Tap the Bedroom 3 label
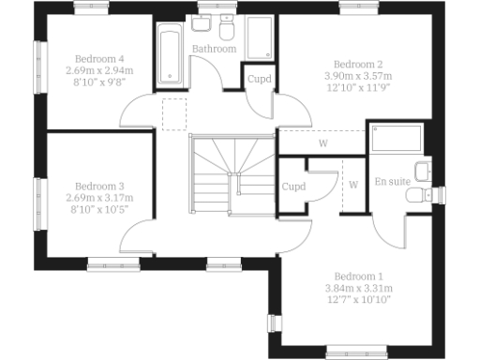click(x=99, y=186)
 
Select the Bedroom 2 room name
click(x=358, y=64)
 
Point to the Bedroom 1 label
click(x=359, y=276)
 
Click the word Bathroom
click(x=213, y=48)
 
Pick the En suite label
click(x=393, y=181)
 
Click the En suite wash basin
click(x=423, y=171)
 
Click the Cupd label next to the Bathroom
click(x=259, y=79)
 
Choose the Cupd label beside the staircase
click(x=293, y=187)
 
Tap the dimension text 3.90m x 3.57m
click(x=358, y=76)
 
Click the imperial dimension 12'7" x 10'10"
click(x=359, y=300)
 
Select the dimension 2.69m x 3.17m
click(x=99, y=198)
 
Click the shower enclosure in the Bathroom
click(x=260, y=41)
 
